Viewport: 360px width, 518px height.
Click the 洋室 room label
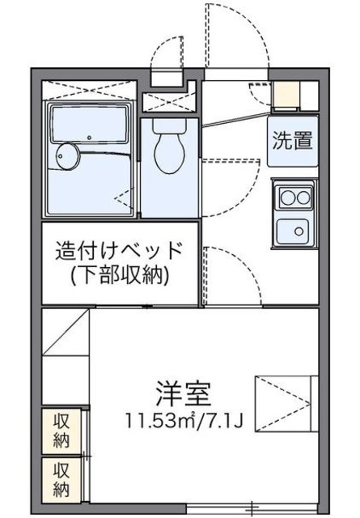click(x=184, y=393)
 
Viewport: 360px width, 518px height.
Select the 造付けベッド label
click(x=120, y=250)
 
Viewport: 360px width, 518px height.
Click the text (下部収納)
click(x=120, y=276)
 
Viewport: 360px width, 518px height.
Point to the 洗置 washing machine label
click(x=292, y=141)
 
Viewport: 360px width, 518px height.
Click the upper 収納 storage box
click(x=61, y=432)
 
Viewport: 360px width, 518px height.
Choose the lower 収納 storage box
click(x=61, y=478)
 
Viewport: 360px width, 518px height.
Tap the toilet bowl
click(x=169, y=152)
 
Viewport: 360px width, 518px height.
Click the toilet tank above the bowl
click(x=169, y=128)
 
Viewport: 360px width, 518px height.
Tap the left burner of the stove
click(x=285, y=195)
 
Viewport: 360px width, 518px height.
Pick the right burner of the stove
click(x=301, y=195)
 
